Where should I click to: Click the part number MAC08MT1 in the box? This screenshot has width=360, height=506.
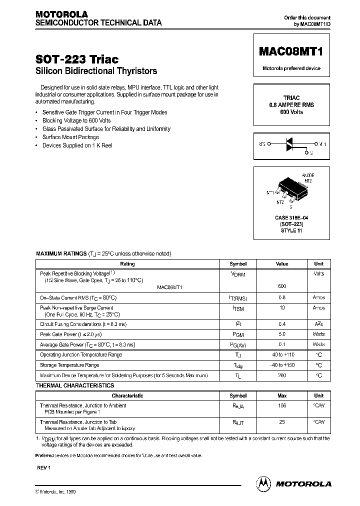[291, 51]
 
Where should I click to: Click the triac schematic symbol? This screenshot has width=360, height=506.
[291, 144]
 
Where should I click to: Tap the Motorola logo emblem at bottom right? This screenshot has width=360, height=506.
[263, 483]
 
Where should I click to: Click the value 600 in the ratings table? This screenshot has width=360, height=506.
[282, 286]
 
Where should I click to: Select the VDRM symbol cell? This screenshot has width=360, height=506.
[238, 274]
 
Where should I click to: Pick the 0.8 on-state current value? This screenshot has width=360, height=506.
[282, 297]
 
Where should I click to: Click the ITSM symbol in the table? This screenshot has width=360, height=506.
[238, 309]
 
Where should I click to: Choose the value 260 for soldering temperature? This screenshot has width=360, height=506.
[282, 375]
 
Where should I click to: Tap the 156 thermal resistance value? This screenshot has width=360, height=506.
[282, 405]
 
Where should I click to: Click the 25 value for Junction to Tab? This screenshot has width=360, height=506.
[282, 422]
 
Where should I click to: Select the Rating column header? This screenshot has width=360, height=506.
[127, 263]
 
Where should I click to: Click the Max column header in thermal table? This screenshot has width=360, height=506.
[282, 395]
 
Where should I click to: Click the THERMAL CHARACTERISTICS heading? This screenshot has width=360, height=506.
[75, 385]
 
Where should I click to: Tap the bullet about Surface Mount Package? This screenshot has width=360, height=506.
[70, 137]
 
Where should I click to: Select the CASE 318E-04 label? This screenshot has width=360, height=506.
[291, 218]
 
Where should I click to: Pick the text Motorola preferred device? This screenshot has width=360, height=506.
[291, 68]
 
